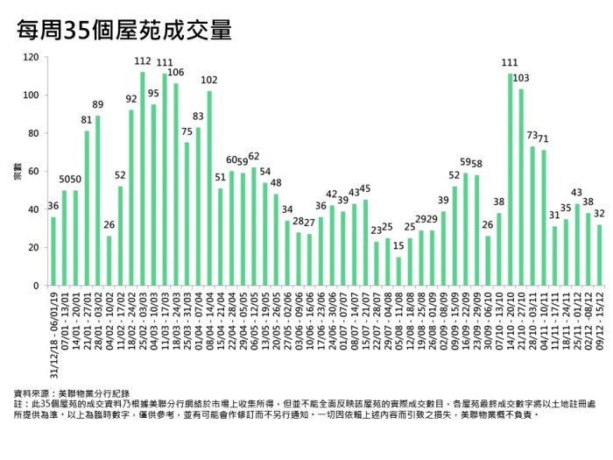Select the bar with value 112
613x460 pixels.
coord(142,179)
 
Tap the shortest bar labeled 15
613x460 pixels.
coord(398,271)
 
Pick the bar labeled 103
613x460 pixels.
coord(521,188)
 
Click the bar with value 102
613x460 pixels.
coord(208,188)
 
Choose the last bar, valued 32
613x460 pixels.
coord(599,255)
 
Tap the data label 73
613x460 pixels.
coord(532,136)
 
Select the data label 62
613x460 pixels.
coord(253,156)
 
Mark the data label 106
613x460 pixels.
coord(175,72)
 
